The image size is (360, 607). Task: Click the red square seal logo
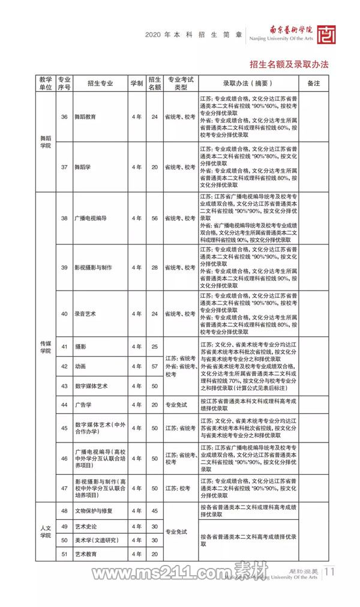pyautogui.click(x=327, y=34)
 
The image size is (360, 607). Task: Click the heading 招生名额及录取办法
pyautogui.click(x=289, y=64)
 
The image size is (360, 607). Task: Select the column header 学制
pyautogui.click(x=137, y=83)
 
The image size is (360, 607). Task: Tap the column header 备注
pyautogui.click(x=314, y=83)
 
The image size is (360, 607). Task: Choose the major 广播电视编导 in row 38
pyautogui.click(x=90, y=218)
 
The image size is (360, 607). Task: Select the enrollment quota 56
pyautogui.click(x=154, y=218)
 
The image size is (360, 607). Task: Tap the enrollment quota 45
pyautogui.click(x=154, y=510)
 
